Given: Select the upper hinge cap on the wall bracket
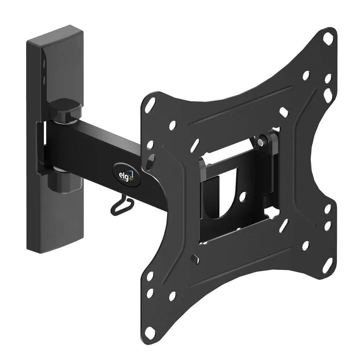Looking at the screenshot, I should [65, 108].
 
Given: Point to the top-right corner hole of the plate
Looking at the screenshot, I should [328, 37].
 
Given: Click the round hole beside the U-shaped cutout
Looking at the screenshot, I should [243, 196].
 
